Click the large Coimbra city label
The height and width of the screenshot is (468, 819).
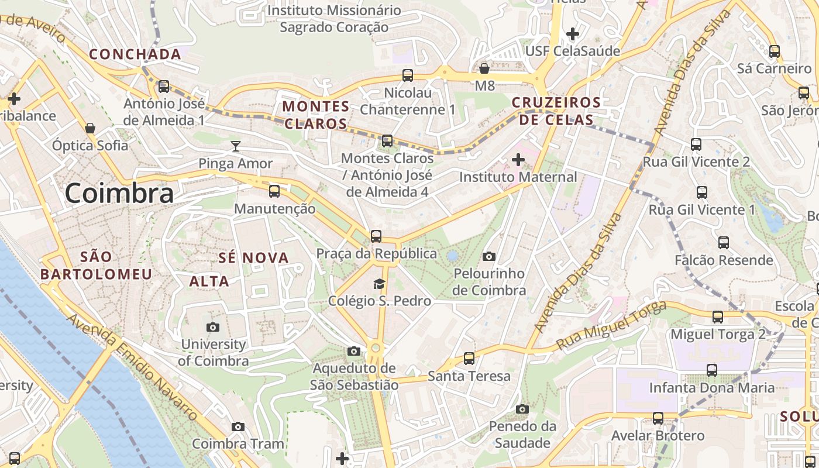[119, 193]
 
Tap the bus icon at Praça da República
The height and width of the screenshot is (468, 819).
[376, 236]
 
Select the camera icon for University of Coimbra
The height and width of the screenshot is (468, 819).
[213, 328]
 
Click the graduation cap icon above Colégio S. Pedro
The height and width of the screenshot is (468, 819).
[380, 284]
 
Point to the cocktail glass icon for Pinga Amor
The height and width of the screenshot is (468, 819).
[236, 146]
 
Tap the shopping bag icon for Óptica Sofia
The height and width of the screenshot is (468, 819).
[90, 128]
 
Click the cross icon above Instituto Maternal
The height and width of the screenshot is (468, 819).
[518, 160]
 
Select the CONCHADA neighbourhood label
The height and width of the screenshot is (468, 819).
[135, 54]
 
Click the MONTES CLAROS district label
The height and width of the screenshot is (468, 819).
[316, 115]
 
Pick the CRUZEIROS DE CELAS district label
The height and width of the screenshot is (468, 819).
[556, 111]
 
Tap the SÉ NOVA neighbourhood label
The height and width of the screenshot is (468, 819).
[254, 258]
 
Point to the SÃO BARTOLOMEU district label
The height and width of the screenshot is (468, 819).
[96, 266]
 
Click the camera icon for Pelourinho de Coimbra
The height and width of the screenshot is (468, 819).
[489, 256]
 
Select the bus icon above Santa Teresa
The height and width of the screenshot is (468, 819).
[469, 359]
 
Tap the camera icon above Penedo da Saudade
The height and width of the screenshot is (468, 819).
[522, 409]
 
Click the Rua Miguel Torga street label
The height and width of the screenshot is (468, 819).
[611, 325]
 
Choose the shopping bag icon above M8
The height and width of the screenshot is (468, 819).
[484, 68]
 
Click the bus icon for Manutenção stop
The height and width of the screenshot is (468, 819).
[274, 191]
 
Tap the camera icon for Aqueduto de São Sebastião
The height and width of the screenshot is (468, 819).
[354, 351]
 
